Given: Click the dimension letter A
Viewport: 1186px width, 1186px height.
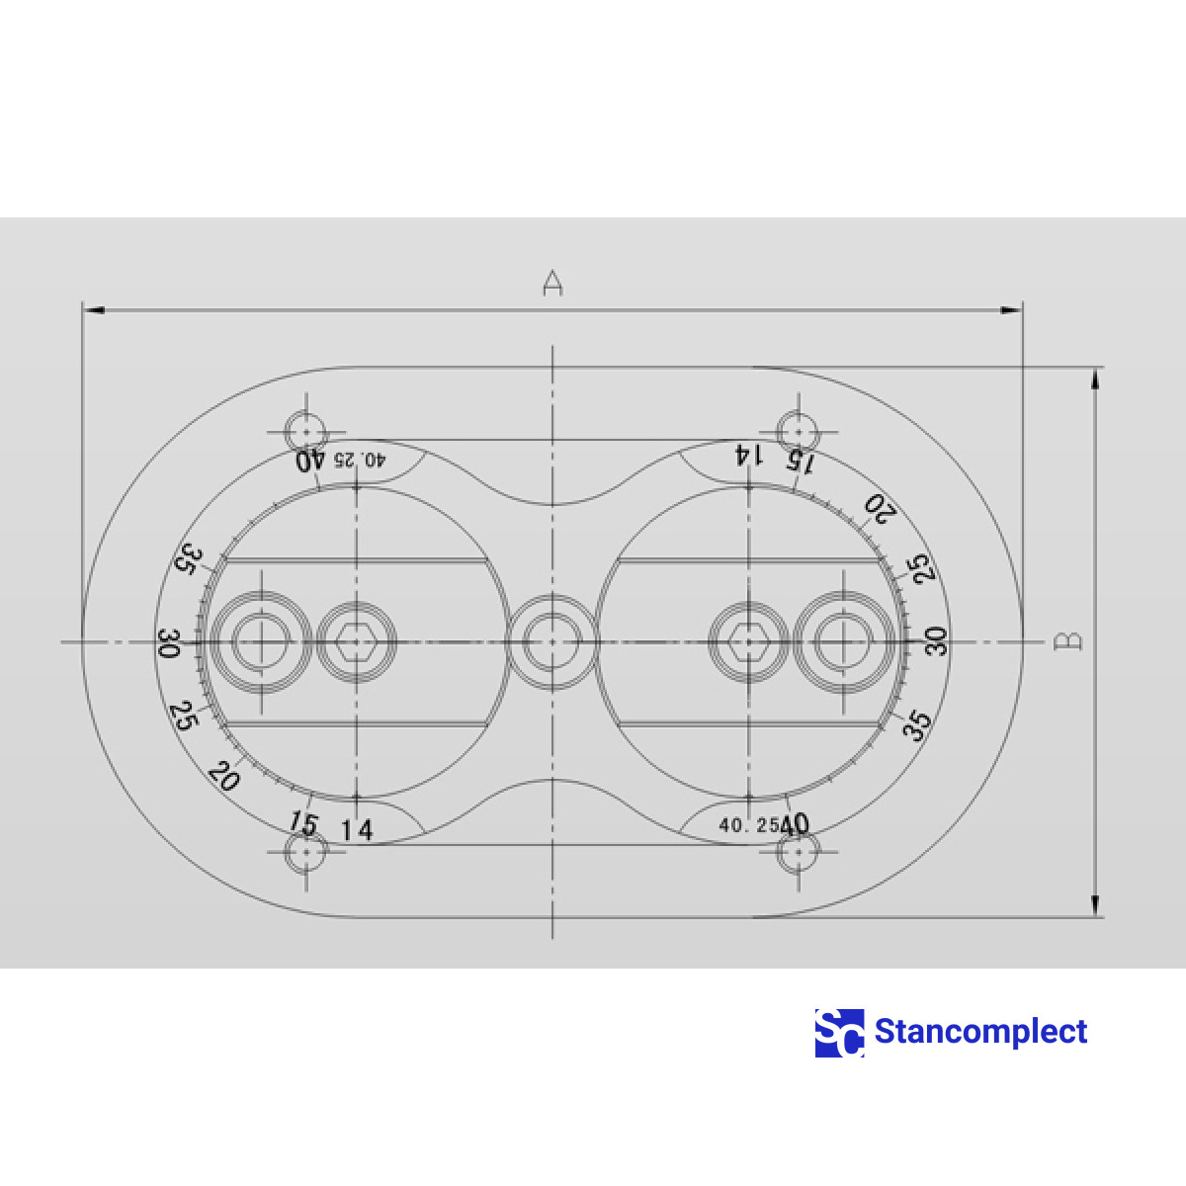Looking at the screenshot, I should click(x=552, y=283).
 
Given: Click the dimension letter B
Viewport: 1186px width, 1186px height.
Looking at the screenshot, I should click(x=1068, y=641).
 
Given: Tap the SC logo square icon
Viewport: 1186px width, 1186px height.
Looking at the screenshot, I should click(x=839, y=1033).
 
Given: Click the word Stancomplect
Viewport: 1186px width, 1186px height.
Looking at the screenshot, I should click(x=980, y=1032).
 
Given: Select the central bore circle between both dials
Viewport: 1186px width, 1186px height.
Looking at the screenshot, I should click(x=551, y=641).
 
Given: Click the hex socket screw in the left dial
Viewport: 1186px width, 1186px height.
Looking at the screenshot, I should click(x=356, y=642).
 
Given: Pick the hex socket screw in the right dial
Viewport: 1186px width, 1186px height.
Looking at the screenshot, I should click(x=748, y=642).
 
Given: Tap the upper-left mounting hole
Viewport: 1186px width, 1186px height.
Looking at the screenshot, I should click(x=306, y=432).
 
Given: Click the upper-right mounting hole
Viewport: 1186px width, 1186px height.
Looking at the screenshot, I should click(x=797, y=432).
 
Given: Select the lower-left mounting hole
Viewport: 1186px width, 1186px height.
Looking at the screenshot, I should click(x=306, y=852).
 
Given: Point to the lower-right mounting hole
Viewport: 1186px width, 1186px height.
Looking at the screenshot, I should click(x=798, y=852).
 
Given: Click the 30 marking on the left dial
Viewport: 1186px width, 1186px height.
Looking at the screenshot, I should click(x=169, y=644).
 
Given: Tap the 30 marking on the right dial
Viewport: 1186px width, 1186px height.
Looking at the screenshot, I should click(x=935, y=641).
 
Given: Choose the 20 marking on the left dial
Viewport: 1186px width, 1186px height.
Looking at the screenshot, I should click(x=223, y=776).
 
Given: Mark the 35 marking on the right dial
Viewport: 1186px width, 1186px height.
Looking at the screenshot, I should click(x=918, y=724).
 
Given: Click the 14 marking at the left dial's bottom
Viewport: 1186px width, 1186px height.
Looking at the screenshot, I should click(x=357, y=830).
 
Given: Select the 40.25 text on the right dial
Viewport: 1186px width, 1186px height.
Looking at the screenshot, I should click(x=748, y=825).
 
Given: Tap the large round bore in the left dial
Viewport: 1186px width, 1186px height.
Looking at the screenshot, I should click(x=261, y=642).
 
